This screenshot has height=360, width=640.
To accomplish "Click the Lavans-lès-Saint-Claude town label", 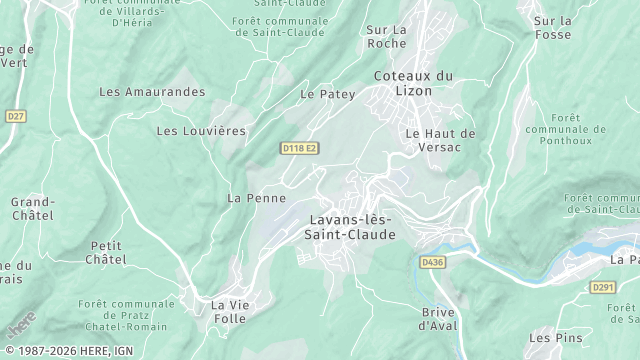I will click(x=349, y=227).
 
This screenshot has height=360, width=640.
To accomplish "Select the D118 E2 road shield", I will click(x=299, y=148).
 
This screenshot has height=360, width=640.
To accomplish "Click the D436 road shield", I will click(x=431, y=262).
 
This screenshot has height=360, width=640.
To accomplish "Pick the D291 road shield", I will click(x=602, y=287).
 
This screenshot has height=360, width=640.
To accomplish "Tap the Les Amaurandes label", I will click(x=152, y=92).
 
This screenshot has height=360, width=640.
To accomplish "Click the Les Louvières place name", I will click(x=201, y=131).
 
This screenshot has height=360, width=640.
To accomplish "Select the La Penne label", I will click(x=250, y=198).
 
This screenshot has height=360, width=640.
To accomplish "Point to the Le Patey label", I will click(x=321, y=94).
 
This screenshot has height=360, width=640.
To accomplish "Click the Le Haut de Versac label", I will click(x=441, y=140).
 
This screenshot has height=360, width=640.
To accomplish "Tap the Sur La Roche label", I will click(x=387, y=37).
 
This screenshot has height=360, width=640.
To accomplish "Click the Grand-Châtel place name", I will click(x=33, y=208).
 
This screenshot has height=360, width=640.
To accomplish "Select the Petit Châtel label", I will click(x=108, y=252).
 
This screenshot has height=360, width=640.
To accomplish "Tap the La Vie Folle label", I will click(x=228, y=311).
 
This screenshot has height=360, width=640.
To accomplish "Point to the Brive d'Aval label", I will click(x=437, y=319).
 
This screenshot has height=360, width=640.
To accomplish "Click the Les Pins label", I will click(x=554, y=339).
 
